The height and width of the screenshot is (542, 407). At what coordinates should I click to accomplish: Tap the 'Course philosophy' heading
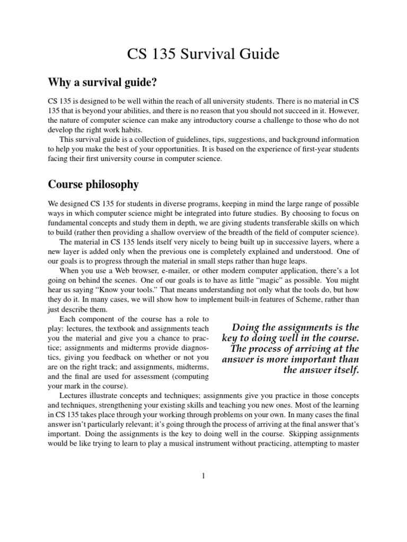coord(93,185)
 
